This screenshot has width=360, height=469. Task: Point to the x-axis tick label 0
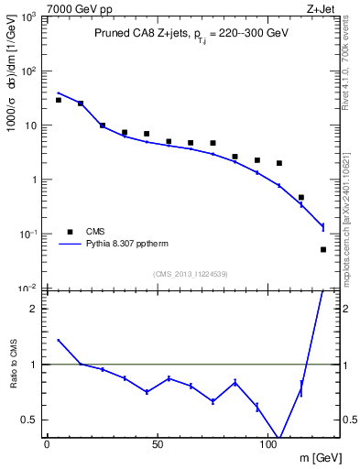click(47, 443)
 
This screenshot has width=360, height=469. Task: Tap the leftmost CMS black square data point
click(59, 100)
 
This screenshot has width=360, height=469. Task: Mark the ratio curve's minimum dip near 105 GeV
click(278, 440)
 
